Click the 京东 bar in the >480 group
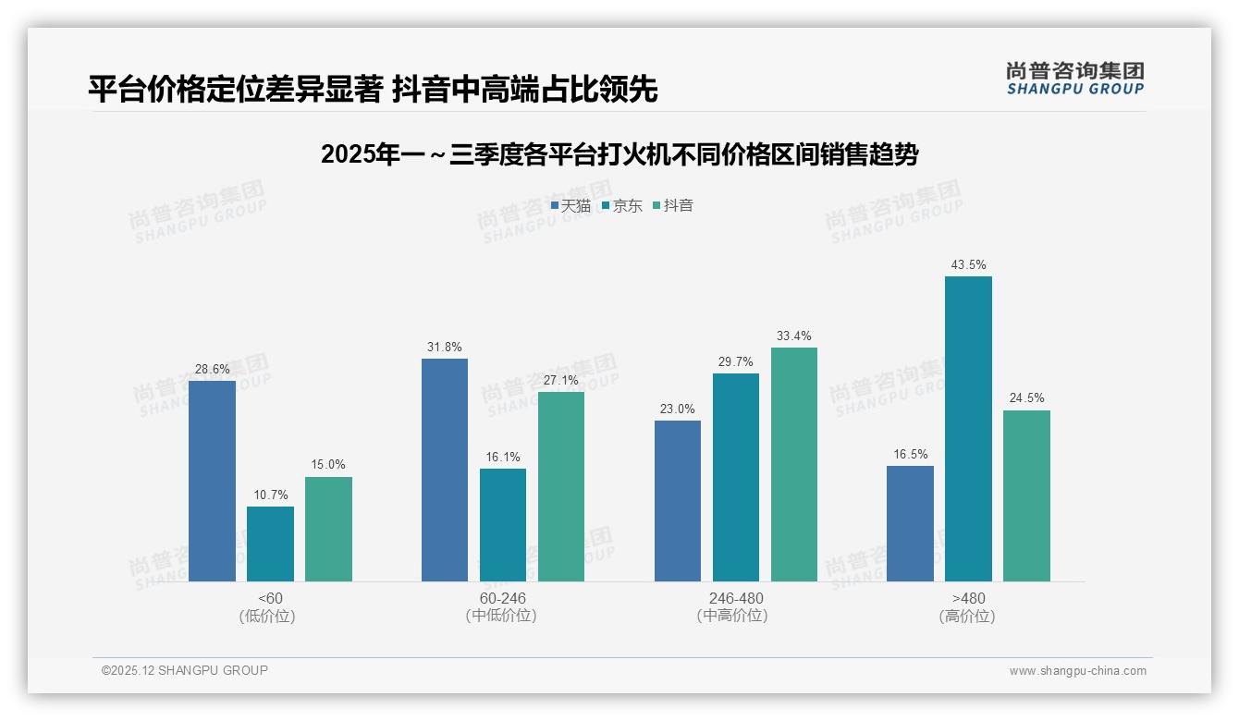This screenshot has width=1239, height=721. click(968, 429)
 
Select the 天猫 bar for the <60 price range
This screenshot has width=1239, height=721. click(212, 481)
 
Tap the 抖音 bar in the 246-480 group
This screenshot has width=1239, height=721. click(793, 464)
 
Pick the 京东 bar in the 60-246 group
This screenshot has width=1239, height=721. click(502, 525)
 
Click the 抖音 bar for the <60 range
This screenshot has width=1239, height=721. click(328, 529)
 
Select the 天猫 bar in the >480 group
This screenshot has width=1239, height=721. click(910, 523)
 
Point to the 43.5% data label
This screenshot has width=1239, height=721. click(968, 265)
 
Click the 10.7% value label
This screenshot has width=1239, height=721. click(270, 495)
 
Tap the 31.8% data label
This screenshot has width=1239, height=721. click(445, 348)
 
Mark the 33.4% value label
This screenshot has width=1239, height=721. click(793, 336)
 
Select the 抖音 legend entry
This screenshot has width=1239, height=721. click(673, 206)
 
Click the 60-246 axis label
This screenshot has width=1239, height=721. click(502, 598)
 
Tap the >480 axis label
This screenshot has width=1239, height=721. click(967, 598)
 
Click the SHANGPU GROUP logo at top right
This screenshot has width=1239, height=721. click(1074, 79)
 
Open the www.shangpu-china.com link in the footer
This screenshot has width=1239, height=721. click(1077, 671)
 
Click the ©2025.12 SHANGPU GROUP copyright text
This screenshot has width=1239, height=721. click(185, 670)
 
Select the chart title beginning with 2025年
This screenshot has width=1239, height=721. click(619, 154)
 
